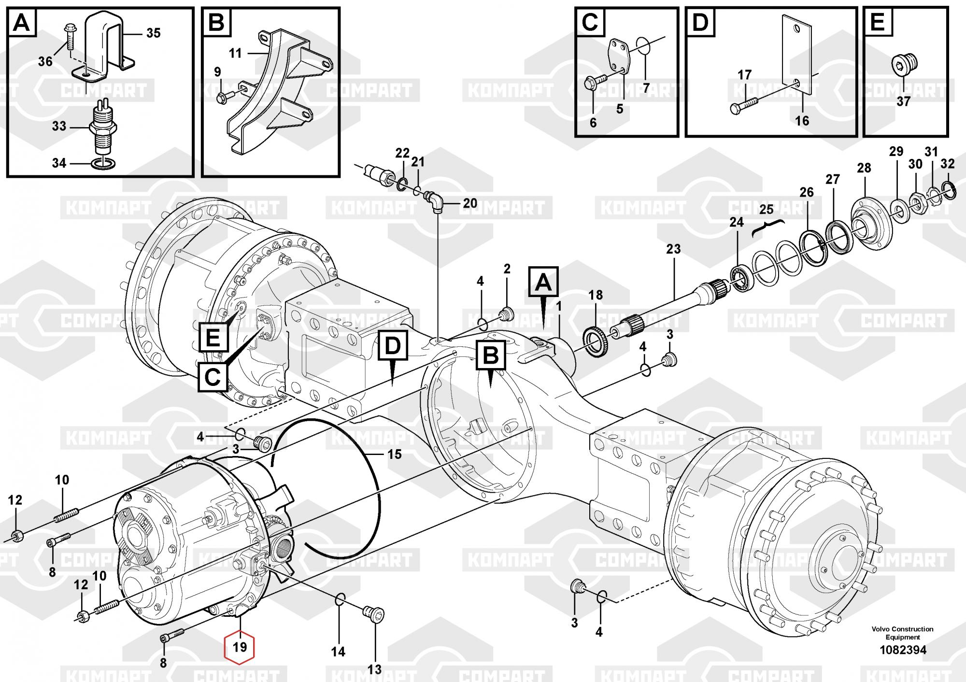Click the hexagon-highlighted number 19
tap(240, 647)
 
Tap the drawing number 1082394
tap(903, 650)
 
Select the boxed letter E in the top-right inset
tap(877, 22)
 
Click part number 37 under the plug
tap(903, 101)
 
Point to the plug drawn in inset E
tap(904, 63)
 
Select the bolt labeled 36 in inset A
tap(69, 36)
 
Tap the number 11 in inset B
tap(235, 53)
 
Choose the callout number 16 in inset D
tap(802, 120)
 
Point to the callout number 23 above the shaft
tap(673, 249)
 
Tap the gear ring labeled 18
tap(597, 342)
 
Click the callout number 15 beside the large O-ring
tap(395, 454)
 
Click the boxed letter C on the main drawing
tap(213, 377)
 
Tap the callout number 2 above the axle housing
tap(507, 269)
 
